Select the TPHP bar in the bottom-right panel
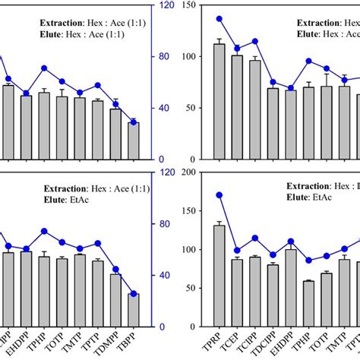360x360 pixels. click(308, 304)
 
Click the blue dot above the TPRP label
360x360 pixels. click(219, 195)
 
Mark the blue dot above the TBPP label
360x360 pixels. click(134, 294)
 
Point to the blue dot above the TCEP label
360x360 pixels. click(237, 251)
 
